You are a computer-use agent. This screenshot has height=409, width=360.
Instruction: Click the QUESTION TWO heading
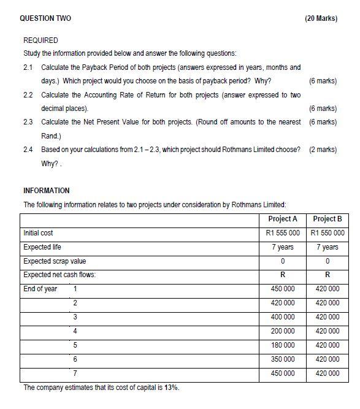[x=45, y=18]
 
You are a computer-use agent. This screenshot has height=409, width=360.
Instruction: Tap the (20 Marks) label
[x=321, y=18]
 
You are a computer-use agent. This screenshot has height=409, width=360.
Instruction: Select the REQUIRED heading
[x=40, y=40]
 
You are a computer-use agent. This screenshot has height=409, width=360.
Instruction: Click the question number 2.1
[x=28, y=67]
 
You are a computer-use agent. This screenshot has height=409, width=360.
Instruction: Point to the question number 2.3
[x=28, y=122]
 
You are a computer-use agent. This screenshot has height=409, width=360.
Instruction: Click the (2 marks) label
[x=323, y=150]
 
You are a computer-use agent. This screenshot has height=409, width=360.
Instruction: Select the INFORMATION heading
[x=47, y=191]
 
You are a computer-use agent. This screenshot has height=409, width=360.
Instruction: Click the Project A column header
[x=283, y=219]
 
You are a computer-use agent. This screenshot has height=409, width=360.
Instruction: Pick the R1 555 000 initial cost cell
[x=283, y=233]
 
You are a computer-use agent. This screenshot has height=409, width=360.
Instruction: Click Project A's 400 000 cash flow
[x=283, y=317]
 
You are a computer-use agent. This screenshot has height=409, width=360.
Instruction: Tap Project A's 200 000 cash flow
[x=283, y=331]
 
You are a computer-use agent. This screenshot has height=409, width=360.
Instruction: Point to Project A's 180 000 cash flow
[x=283, y=345]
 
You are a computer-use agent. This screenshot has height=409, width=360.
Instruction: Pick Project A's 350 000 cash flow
[x=283, y=359]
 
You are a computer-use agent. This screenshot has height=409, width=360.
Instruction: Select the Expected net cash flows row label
[x=59, y=275]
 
